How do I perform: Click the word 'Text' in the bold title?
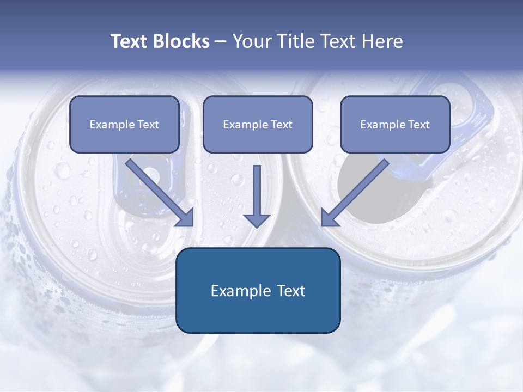click(x=130, y=41)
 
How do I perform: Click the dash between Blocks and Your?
click(x=221, y=42)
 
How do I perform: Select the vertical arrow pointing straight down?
click(x=257, y=193)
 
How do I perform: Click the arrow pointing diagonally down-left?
click(x=356, y=191)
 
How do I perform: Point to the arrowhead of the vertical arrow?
click(x=257, y=220)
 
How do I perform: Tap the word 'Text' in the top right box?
click(x=418, y=125)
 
